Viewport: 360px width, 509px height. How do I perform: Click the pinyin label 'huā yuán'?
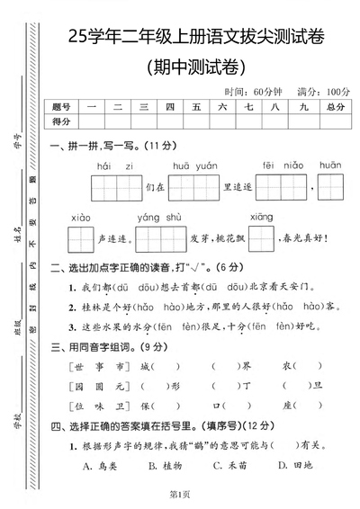pos(194,166)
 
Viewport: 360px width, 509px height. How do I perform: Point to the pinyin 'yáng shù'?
pos(159,218)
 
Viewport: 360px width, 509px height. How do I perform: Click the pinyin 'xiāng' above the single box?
pos(261,218)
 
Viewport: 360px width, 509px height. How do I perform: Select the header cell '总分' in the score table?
pos(337,107)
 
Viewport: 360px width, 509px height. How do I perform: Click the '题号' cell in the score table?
pos(61,107)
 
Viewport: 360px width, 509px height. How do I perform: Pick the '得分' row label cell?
pos(61,121)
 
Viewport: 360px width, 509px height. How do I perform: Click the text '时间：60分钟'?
pos(253,92)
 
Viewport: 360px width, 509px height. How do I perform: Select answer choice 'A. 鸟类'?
pos(100,465)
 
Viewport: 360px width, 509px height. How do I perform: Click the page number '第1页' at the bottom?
pos(181,496)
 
